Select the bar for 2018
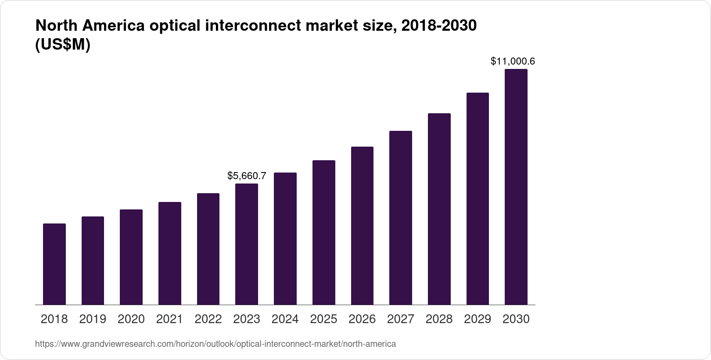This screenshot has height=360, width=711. [54, 264]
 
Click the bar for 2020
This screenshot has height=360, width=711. [131, 257]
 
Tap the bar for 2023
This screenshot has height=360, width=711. [247, 244]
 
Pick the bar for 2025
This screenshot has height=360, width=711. [324, 232]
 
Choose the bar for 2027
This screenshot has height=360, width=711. [401, 218]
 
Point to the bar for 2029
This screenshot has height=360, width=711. [478, 198]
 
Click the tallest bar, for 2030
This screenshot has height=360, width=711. [516, 187]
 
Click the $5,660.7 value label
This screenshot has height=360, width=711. [247, 176]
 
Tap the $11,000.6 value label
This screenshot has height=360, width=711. [513, 61]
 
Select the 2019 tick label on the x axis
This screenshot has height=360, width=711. [93, 319]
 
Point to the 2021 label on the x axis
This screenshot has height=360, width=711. [169, 319]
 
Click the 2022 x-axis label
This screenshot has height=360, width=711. [208, 319]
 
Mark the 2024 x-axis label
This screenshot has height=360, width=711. [285, 319]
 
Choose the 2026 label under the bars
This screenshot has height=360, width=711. [362, 319]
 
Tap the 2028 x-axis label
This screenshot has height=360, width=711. [439, 319]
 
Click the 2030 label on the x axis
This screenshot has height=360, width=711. [516, 319]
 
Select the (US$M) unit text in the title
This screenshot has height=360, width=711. [62, 45]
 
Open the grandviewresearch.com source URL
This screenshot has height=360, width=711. [215, 344]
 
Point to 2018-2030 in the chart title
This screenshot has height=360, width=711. [439, 26]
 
